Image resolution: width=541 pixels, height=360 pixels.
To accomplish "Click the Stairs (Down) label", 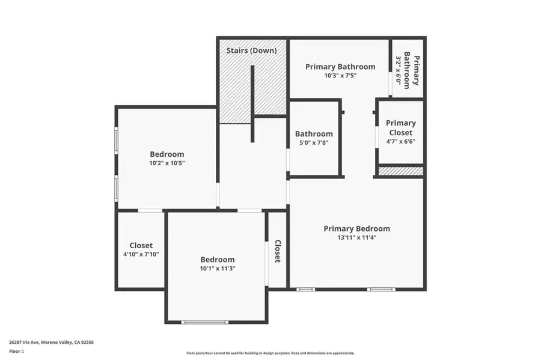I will tap(251, 50).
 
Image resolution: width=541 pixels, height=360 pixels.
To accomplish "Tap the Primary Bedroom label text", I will tap(356, 228).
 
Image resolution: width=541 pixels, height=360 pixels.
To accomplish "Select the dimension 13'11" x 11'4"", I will tap(356, 237).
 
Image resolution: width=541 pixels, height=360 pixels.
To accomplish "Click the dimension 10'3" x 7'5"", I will tap(340, 76).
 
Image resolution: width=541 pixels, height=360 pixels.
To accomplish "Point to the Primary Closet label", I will tap(400, 127).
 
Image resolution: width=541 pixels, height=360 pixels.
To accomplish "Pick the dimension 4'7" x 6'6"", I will tap(400, 142).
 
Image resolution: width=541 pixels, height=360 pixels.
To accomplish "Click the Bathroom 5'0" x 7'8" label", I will tap(314, 134).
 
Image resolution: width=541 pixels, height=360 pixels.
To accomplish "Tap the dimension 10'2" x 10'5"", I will tap(167, 163).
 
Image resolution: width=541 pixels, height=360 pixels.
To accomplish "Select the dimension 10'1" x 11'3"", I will tap(217, 268).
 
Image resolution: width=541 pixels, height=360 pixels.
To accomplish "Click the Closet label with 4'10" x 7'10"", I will tap(141, 245).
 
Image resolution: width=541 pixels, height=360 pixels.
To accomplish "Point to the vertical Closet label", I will tap(278, 251).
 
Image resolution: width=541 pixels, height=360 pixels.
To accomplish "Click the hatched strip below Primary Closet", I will tap(400, 171).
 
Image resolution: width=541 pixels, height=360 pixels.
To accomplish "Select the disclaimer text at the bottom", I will tap(270, 353).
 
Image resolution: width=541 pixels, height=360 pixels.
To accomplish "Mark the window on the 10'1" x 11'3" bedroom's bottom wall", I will tap(205, 322).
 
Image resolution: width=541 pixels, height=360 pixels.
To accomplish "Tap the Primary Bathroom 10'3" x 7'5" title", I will tap(340, 67).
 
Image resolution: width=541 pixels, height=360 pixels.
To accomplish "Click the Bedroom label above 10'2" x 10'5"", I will tap(167, 154).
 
